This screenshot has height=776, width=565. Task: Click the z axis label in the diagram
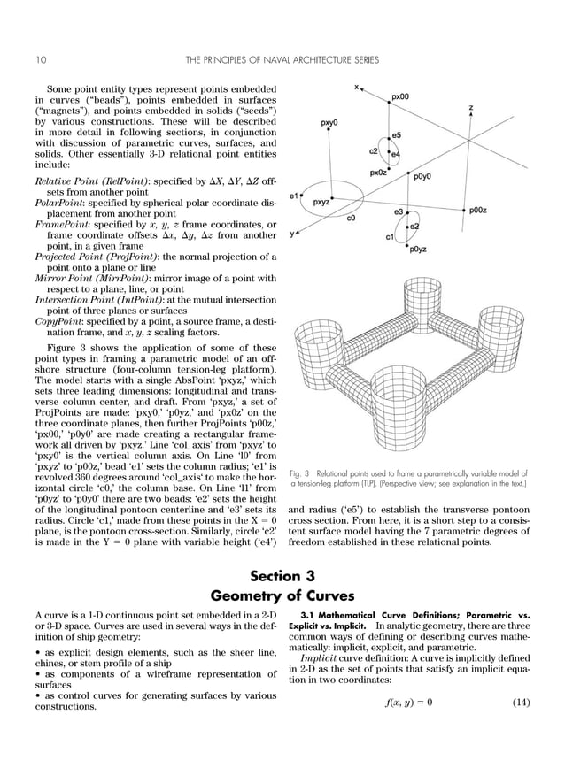471,108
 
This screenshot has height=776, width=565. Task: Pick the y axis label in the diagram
292,234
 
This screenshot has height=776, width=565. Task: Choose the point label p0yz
418,250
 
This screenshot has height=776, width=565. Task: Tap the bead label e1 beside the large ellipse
293,196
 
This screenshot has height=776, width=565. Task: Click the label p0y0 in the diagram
422,176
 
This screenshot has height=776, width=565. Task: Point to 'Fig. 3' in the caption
300,474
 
